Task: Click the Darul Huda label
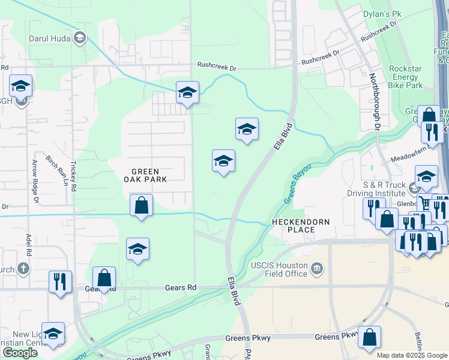[x=49, y=38]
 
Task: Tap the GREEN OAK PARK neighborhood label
[x=145, y=175]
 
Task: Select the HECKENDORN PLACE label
[x=301, y=226]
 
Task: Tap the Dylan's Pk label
[x=382, y=13]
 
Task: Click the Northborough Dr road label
[x=375, y=102]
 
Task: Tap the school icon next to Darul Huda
[x=79, y=38]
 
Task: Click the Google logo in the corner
[x=20, y=353]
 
